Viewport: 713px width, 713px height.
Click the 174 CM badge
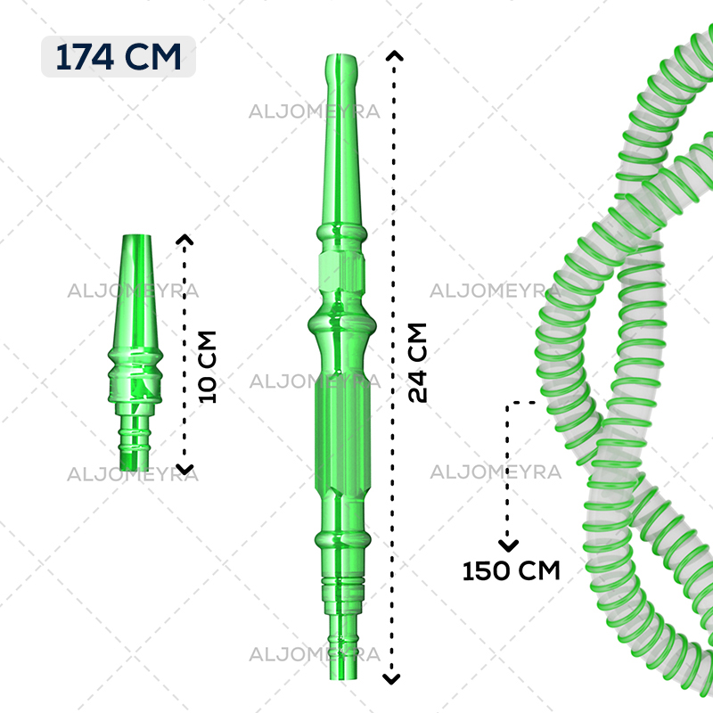(x=119, y=57)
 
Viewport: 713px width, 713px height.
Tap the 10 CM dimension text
(x=208, y=367)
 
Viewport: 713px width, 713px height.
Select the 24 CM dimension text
(x=417, y=363)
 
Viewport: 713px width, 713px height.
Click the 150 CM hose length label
(x=511, y=570)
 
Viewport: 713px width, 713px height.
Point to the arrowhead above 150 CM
(x=508, y=545)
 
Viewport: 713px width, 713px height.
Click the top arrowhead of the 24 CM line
(x=394, y=55)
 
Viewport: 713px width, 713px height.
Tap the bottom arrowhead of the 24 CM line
(x=391, y=679)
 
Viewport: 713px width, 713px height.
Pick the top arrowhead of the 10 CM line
(x=184, y=239)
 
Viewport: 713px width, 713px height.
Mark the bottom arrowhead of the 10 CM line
(x=184, y=470)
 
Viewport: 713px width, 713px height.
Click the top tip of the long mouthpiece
(x=341, y=55)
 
